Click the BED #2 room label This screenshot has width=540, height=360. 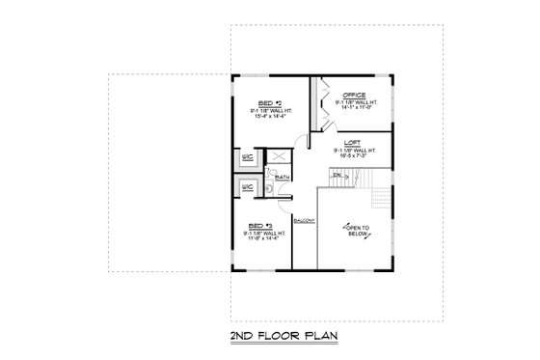click(269, 101)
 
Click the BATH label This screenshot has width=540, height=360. click(283, 178)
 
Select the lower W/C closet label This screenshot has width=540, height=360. click(247, 187)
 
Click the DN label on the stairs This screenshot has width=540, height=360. click(337, 175)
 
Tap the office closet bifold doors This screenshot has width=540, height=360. click(317, 97)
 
